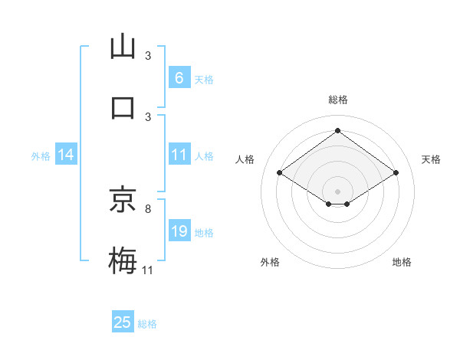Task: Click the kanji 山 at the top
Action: pyautogui.click(x=123, y=47)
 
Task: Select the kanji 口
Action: pyautogui.click(x=123, y=106)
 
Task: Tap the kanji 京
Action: pyautogui.click(x=123, y=200)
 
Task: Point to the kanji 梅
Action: pyautogui.click(x=123, y=261)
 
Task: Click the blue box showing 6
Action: pyautogui.click(x=179, y=78)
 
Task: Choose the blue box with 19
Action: pyautogui.click(x=179, y=231)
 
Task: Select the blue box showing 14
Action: pyautogui.click(x=65, y=155)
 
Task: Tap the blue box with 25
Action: pyautogui.click(x=123, y=322)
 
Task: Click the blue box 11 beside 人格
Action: pyautogui.click(x=179, y=155)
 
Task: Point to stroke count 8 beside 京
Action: pyautogui.click(x=147, y=208)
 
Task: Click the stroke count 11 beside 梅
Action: pyautogui.click(x=148, y=270)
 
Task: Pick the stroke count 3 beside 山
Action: pyautogui.click(x=148, y=55)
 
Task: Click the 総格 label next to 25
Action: pyautogui.click(x=147, y=324)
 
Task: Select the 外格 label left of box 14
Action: pyautogui.click(x=41, y=155)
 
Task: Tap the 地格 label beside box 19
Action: pyautogui.click(x=204, y=232)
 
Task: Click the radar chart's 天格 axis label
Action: pyautogui.click(x=431, y=159)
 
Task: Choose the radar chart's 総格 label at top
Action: pyautogui.click(x=337, y=100)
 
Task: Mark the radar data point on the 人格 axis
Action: pyautogui.click(x=280, y=173)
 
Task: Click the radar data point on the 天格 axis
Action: pyautogui.click(x=396, y=173)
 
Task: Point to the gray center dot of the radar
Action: pyautogui.click(x=337, y=190)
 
